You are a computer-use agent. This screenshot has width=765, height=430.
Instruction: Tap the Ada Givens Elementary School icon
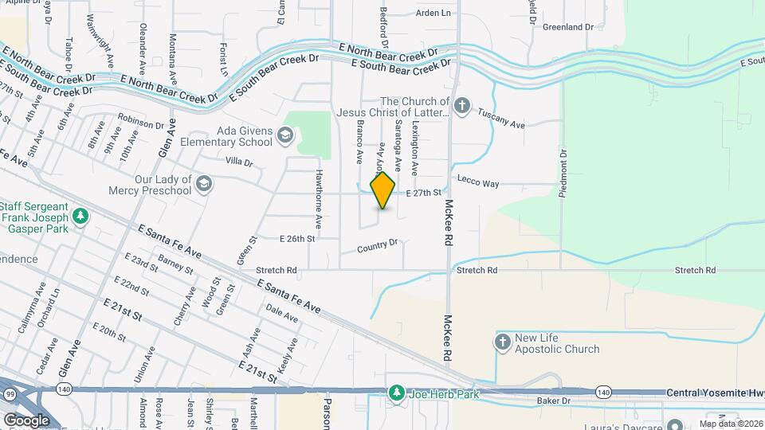[285, 137]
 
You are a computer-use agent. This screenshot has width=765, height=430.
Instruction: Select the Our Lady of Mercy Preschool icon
[204, 185]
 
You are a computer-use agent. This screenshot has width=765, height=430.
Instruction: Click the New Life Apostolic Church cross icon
[502, 342]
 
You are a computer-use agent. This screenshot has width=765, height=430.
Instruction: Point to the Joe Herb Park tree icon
[396, 393]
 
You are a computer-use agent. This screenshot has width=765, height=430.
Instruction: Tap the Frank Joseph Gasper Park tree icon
[80, 216]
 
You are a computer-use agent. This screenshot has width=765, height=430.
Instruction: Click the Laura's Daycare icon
[676, 424]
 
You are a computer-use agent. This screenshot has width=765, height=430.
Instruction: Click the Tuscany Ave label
[501, 119]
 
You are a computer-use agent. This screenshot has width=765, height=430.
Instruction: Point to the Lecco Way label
[478, 183]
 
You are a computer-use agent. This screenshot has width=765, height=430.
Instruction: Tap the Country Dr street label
[377, 244]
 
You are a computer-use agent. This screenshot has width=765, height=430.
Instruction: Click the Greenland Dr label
[568, 26]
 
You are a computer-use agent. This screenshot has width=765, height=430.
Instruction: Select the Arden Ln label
[433, 13]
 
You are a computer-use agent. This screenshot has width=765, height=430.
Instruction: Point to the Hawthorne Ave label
[318, 196]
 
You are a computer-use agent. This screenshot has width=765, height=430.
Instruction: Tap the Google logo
[26, 420]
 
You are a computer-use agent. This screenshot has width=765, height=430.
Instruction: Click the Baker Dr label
[555, 401]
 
